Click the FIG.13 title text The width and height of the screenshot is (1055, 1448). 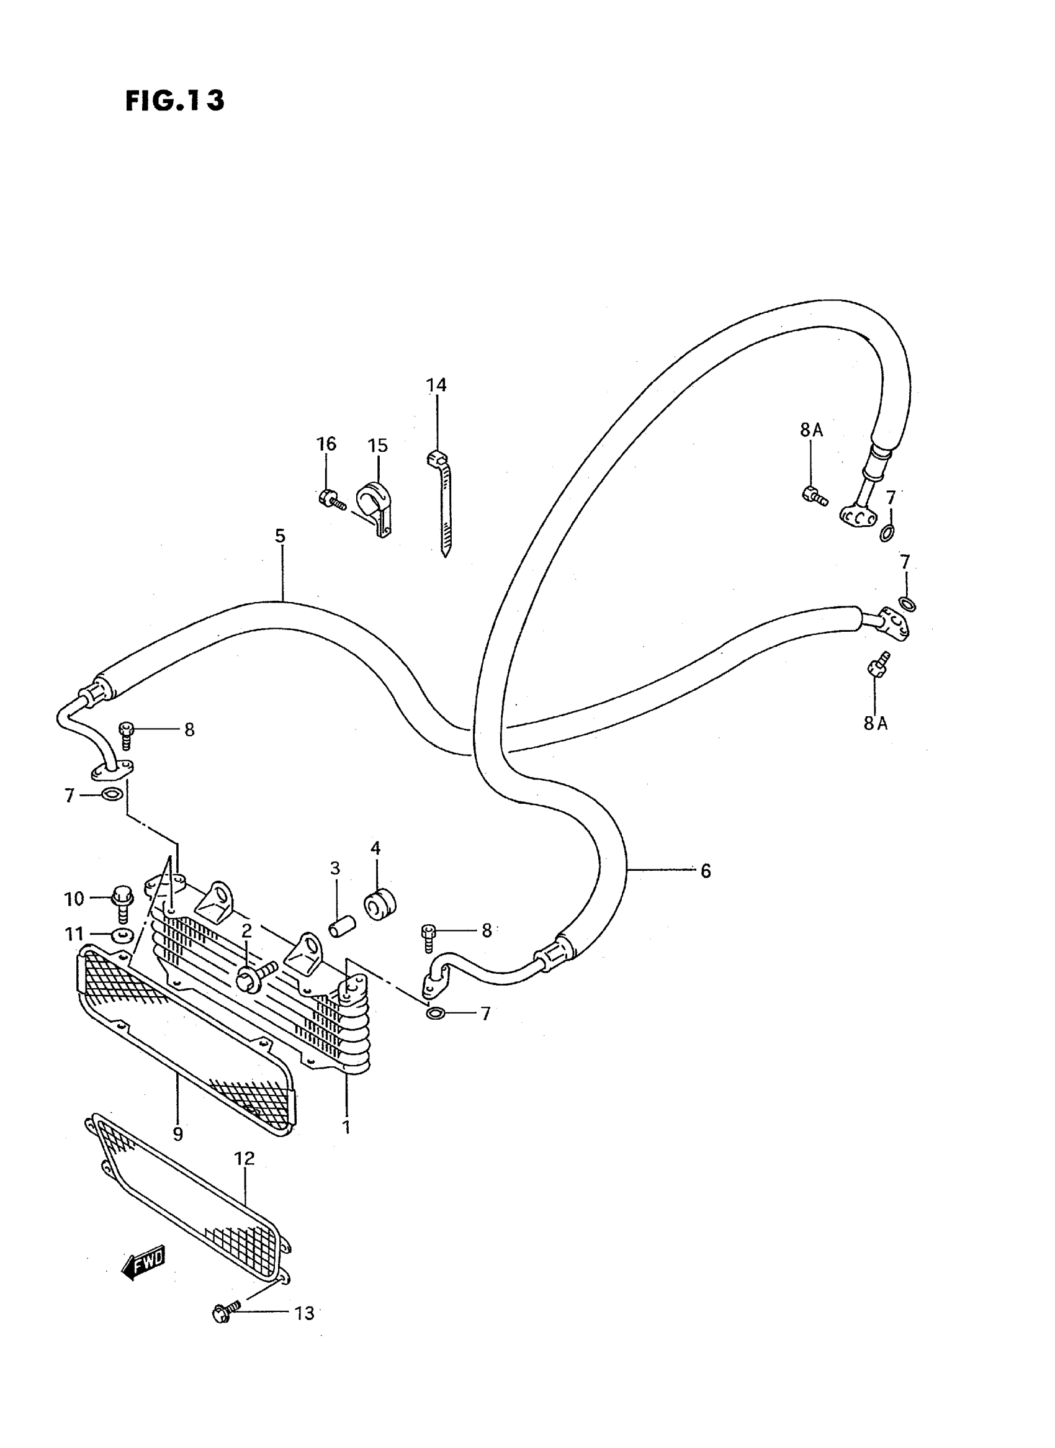click(x=174, y=101)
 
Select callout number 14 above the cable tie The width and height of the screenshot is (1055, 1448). click(x=437, y=385)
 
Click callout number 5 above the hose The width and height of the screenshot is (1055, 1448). click(x=281, y=536)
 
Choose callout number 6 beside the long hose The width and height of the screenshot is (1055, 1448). click(x=705, y=871)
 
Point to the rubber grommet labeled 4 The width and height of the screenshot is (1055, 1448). click(x=380, y=904)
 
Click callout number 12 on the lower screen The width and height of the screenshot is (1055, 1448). click(x=245, y=1159)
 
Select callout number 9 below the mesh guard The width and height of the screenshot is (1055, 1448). click(x=177, y=1134)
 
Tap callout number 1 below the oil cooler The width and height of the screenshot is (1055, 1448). click(x=347, y=1128)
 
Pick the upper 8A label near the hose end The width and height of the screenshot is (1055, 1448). click(x=811, y=431)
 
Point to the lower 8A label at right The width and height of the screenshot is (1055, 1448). click(x=876, y=723)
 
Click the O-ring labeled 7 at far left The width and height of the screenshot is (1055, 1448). click(x=112, y=795)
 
